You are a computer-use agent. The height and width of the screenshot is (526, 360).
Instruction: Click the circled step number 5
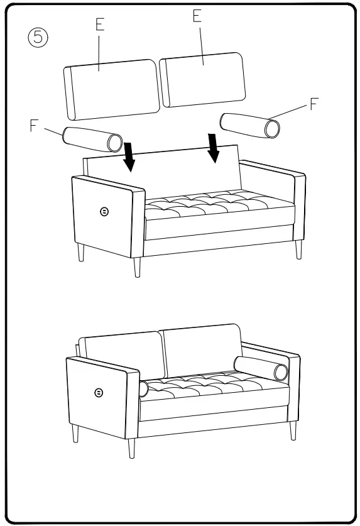[x=38, y=37]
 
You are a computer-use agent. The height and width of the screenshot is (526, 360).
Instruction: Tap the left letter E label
[x=100, y=25]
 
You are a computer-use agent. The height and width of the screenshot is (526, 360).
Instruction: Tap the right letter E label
[x=197, y=17]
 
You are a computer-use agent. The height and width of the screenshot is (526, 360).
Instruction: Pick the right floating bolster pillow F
[x=250, y=124]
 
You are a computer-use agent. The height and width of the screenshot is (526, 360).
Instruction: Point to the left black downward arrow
[x=129, y=156]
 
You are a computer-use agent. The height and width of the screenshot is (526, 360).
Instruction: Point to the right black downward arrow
[x=214, y=147]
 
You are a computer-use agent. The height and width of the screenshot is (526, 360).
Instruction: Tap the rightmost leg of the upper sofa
[x=298, y=249]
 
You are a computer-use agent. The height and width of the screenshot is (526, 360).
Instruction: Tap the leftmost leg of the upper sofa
[x=80, y=253]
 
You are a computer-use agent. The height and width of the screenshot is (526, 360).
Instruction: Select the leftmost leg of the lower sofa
[x=75, y=434]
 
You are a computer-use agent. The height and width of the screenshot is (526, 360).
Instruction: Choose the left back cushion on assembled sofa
[x=124, y=355]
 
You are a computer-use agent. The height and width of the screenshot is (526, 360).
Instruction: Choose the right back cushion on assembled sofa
[x=201, y=349]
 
